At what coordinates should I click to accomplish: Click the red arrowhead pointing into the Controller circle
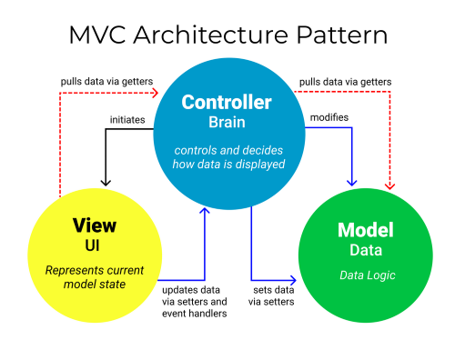coord(156,91)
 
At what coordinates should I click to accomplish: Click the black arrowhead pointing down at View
coord(106,181)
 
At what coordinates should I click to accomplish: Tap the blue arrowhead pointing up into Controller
coord(206,212)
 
